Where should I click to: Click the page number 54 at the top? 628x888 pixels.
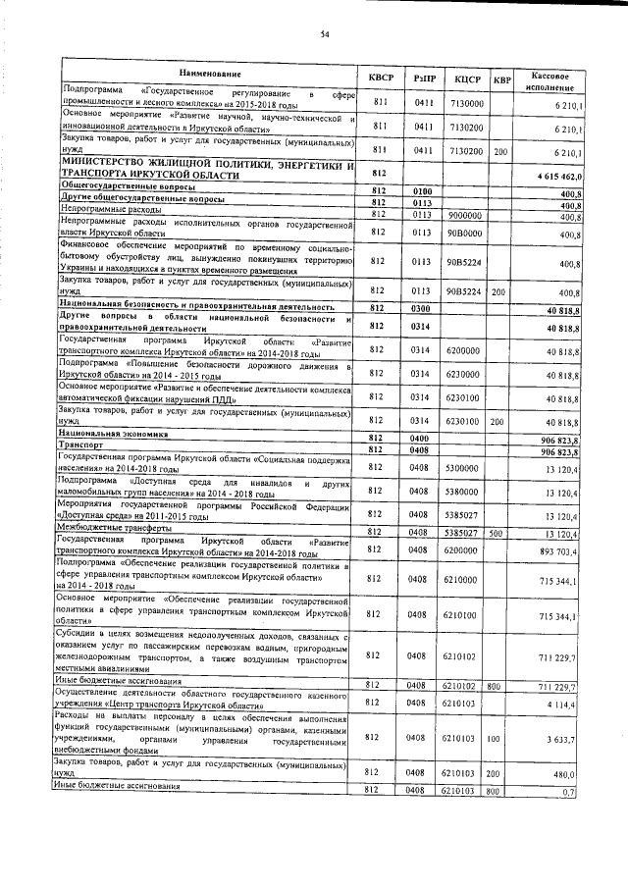[x=323, y=36]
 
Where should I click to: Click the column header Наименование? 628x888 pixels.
[x=209, y=76]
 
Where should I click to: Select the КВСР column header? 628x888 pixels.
[x=379, y=78]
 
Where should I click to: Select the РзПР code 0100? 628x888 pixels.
[x=423, y=190]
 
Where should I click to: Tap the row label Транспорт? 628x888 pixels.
[x=82, y=446]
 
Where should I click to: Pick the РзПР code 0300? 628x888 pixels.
[x=423, y=308]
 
